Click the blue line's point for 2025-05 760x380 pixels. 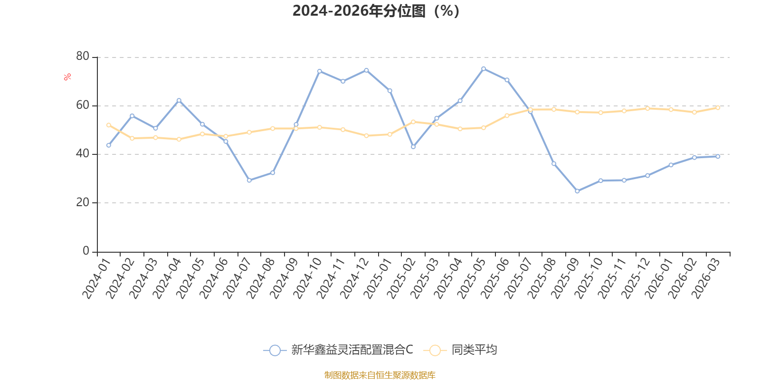[x=484, y=69]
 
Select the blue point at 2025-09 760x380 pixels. [x=577, y=191]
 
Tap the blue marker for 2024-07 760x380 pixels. [x=249, y=180]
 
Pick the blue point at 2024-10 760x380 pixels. [x=320, y=71]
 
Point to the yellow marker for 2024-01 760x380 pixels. [x=109, y=125]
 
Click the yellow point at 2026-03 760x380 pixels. [x=718, y=107]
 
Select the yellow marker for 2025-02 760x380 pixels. [x=413, y=122]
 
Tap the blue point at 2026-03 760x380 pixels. [x=718, y=156]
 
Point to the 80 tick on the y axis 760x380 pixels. [x=83, y=57]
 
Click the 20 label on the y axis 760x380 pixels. [x=83, y=202]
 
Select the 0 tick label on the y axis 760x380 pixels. [x=86, y=251]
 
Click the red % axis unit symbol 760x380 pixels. [x=67, y=77]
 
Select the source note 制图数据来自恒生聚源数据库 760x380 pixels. [x=380, y=375]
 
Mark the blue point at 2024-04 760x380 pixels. [x=179, y=100]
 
